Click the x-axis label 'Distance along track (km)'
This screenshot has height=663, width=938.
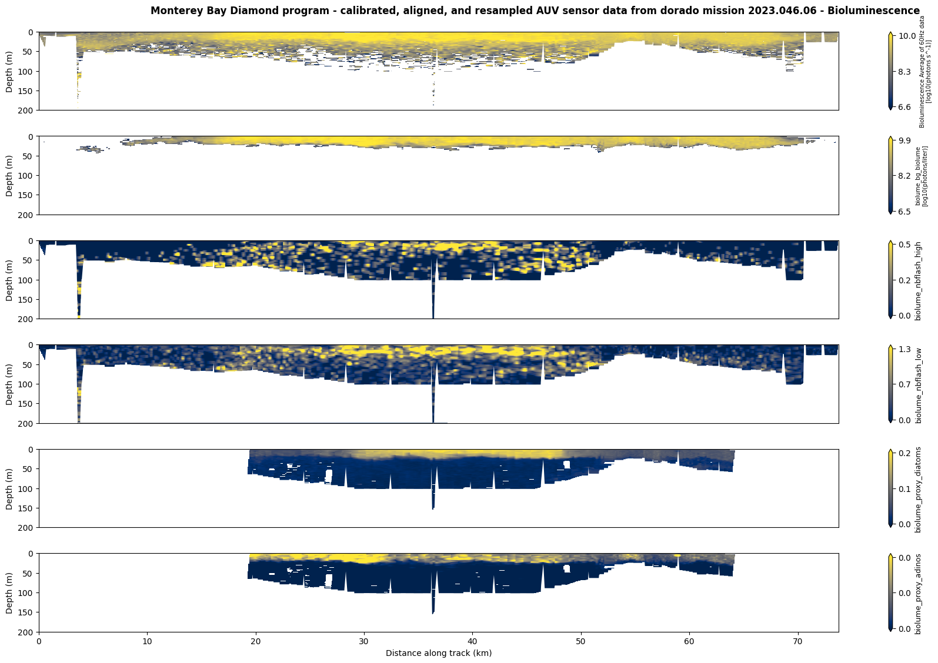[x=438, y=653]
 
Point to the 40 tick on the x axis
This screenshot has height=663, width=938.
[x=472, y=642]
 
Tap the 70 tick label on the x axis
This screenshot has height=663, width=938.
[x=797, y=642]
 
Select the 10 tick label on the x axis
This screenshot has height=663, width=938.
[x=147, y=642]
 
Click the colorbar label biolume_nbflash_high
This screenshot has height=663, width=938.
[x=918, y=279]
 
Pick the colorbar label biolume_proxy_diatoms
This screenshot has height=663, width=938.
[x=918, y=489]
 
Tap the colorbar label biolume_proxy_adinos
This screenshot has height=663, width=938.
[x=918, y=593]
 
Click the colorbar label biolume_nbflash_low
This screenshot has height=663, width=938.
[x=918, y=384]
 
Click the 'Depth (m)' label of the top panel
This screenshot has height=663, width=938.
[x=9, y=71]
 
